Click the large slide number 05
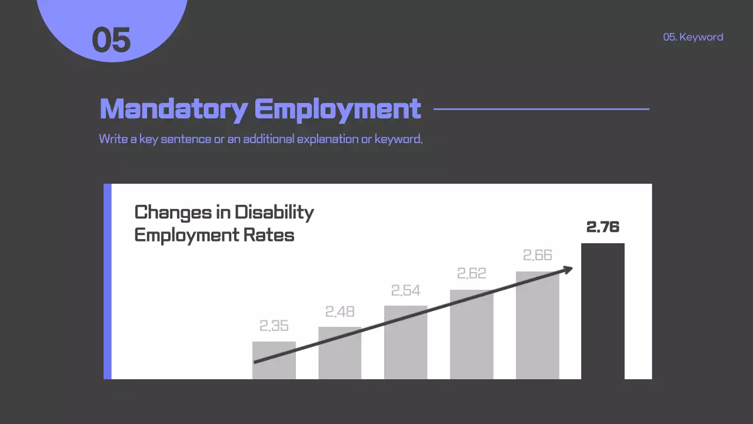point(111,40)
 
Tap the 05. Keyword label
point(693,37)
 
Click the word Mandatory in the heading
point(174,109)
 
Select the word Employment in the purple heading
point(338,109)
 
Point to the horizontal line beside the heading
point(541,109)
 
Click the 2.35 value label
point(274,326)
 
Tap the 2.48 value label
point(340,312)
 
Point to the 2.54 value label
point(406,291)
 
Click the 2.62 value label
point(472,274)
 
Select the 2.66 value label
point(538,255)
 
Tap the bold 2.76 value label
point(603,227)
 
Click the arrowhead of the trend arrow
point(568,270)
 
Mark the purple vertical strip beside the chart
point(108,281)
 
